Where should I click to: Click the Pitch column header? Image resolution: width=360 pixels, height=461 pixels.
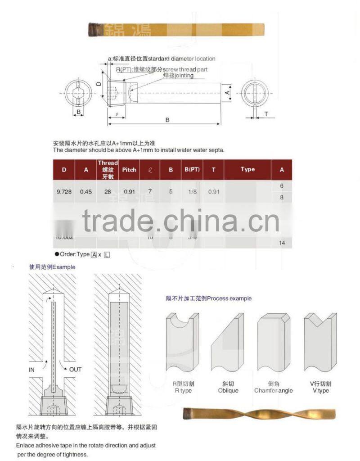129,170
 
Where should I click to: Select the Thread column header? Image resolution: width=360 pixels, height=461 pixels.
108,169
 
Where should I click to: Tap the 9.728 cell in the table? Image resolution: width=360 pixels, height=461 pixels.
64,191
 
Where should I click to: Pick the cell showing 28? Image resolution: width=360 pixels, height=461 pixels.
108,191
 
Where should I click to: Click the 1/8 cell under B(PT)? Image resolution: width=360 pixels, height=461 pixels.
192,191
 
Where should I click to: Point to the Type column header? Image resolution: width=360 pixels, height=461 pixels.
247,169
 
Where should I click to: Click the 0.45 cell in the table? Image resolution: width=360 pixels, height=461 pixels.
86,191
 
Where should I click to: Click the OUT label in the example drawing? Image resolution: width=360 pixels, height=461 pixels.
75,369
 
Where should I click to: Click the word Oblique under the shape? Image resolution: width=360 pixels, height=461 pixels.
228,391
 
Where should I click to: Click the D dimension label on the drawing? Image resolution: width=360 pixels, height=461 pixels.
99,84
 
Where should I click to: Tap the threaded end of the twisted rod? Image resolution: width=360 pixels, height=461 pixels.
189,413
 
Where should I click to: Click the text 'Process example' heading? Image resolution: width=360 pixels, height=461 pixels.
229,298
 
